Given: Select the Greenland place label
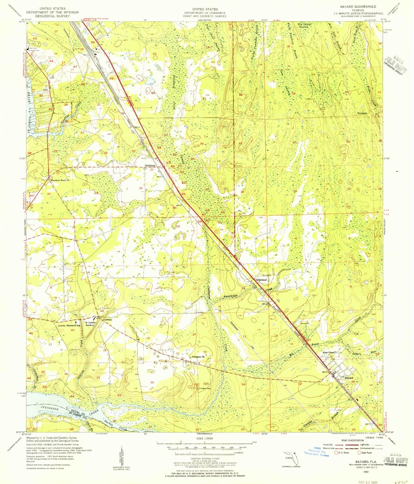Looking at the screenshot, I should point(261,280).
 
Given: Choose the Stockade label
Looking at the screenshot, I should point(362,113).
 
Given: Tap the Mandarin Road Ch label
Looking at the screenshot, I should point(60,180).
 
